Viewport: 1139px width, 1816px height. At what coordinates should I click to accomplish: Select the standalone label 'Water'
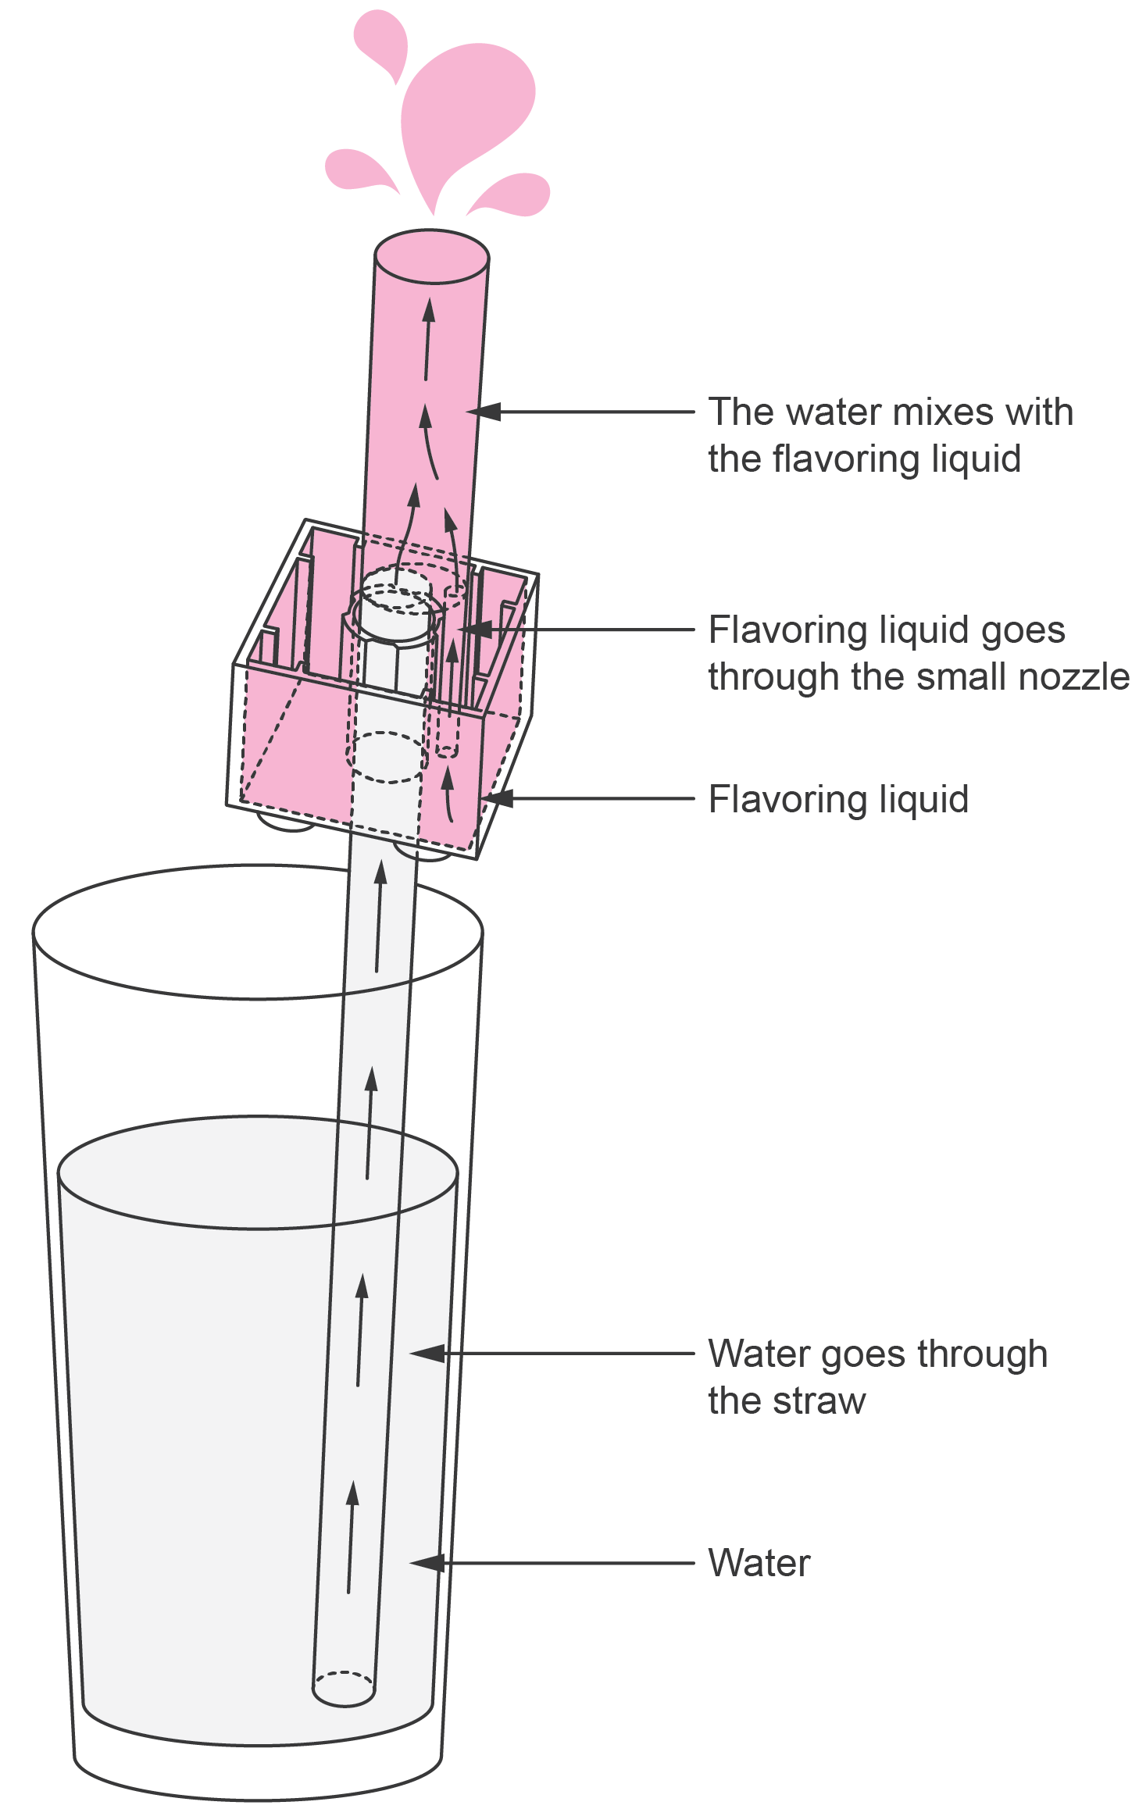coord(759,1563)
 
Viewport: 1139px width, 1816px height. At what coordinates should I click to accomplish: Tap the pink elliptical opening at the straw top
coord(432,257)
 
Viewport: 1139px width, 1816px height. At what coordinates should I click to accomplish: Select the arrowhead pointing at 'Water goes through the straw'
coord(426,1353)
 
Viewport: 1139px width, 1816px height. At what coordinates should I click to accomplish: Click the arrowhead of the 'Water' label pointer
coord(426,1563)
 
